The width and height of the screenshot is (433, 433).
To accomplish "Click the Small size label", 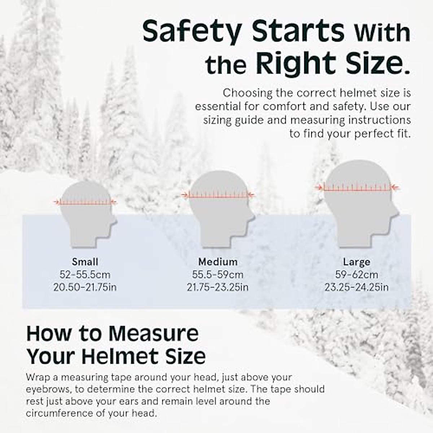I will coord(85,262).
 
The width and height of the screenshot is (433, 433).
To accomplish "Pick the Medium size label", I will coord(218,262).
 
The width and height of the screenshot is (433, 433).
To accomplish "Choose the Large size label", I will coord(357,262).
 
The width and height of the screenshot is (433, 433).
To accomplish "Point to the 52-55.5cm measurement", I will coord(85,275).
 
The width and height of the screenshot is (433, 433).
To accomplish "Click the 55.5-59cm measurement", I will coord(218,275).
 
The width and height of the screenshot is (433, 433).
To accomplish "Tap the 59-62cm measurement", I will coord(357,275).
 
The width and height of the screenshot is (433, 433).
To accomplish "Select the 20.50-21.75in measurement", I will coord(85,287).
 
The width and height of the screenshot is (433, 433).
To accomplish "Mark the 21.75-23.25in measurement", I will coord(218,287).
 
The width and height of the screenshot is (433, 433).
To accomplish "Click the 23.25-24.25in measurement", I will coord(357,287).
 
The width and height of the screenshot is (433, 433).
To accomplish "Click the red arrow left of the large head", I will coord(319,187).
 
